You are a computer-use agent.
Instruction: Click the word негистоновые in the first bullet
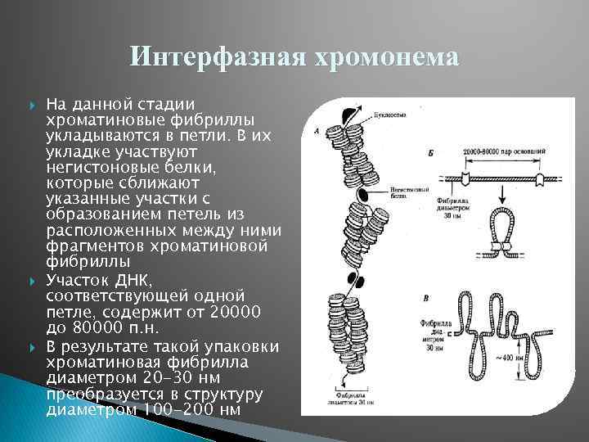[x=96, y=167]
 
